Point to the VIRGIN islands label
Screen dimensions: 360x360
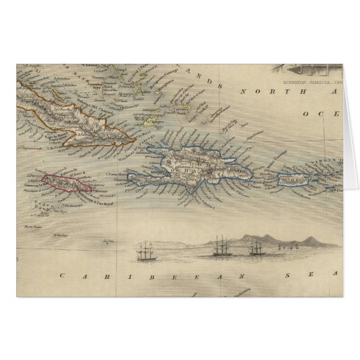point(330,161)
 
